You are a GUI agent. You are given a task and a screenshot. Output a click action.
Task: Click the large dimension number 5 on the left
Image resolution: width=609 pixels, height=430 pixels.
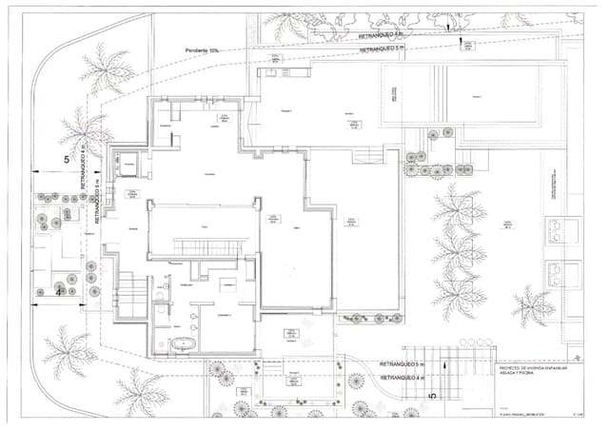tap(67, 160)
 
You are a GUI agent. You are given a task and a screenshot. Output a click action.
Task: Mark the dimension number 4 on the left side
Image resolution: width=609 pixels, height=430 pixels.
tap(58, 293)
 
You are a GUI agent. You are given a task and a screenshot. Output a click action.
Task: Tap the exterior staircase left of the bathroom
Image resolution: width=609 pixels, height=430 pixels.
tap(127, 286)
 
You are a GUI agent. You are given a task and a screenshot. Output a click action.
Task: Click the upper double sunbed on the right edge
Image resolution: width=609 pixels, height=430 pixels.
tap(557, 229)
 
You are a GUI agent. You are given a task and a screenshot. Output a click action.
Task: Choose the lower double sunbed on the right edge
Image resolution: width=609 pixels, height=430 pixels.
tap(557, 268)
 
